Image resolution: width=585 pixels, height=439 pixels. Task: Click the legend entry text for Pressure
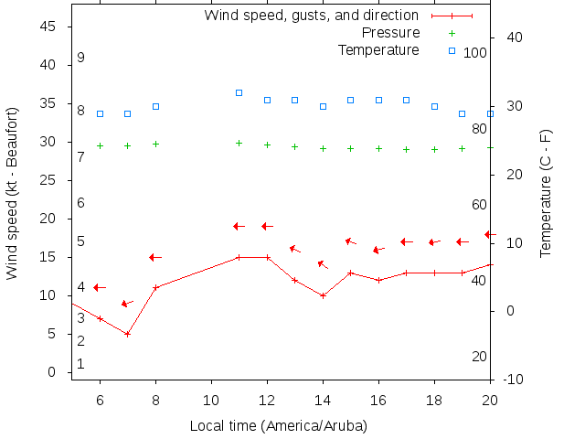coord(378,33)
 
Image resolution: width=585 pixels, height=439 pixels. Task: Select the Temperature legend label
coord(378,49)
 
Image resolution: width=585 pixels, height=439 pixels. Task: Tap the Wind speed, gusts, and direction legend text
coord(312,16)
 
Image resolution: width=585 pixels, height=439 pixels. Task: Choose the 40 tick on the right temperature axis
coord(514,37)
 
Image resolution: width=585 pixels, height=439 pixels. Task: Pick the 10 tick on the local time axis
coord(211,399)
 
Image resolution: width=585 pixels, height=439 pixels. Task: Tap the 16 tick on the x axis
coord(378,399)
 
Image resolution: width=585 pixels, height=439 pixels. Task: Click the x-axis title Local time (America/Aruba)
coord(278,425)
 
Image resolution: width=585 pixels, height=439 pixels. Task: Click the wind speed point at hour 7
coord(128,334)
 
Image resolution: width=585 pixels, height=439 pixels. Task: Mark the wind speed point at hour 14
coord(323,295)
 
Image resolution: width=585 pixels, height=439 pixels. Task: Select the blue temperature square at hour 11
coord(239,92)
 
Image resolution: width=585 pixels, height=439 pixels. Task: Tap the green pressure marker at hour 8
coord(155,144)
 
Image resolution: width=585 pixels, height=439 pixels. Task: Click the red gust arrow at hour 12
coord(267,226)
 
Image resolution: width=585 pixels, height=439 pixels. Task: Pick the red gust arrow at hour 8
coord(155,257)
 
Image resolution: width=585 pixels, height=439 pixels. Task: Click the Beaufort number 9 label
coord(80,58)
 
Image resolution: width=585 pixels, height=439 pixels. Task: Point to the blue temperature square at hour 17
coord(406,100)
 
